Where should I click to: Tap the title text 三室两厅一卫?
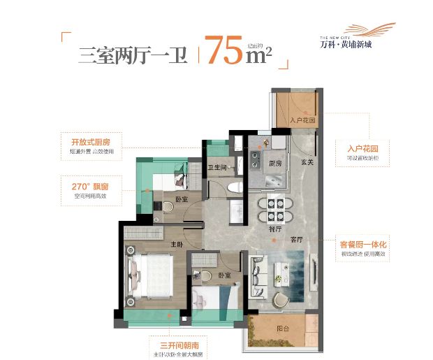(x=133, y=55)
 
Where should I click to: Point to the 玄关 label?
(x=307, y=161)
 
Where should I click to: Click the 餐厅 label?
(x=265, y=228)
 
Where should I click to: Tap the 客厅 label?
(x=297, y=239)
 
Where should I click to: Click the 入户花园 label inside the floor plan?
(x=303, y=121)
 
